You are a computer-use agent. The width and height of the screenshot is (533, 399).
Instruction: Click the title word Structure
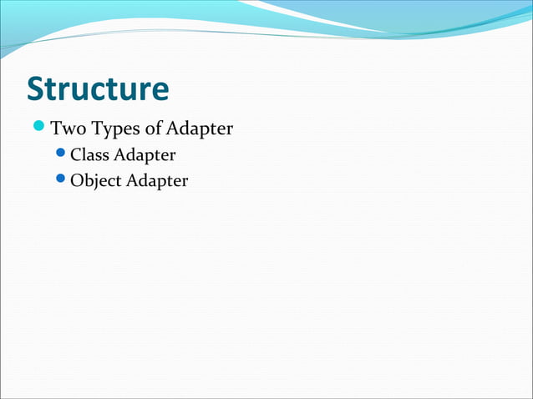pos(97,88)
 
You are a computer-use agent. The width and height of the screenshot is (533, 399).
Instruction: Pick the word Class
pos(89,155)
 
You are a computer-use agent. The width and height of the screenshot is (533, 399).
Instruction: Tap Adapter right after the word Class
pos(145,156)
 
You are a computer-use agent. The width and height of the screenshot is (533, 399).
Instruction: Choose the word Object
pos(95,180)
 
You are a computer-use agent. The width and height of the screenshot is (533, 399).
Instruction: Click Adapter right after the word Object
pos(157,181)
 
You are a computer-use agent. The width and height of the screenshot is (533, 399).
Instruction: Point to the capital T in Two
pos(56,129)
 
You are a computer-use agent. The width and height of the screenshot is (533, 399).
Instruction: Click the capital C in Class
pos(76,155)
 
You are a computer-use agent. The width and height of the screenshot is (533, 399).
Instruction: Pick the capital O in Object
pos(77,180)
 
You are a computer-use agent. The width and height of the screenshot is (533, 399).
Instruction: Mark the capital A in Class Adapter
pos(119,155)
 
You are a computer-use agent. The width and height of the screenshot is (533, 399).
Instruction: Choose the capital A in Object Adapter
pos(132,180)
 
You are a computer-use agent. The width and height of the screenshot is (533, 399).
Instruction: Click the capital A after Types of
pos(172,129)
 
